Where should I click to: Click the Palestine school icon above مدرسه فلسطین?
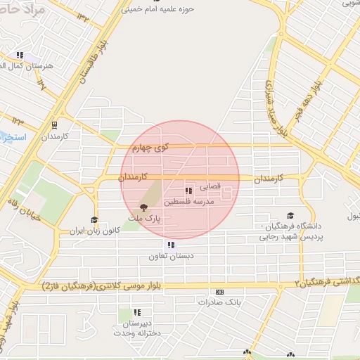point(188,191)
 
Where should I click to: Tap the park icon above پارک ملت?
point(144,207)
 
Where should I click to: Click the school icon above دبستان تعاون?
point(170,245)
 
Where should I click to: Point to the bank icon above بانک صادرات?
point(220,292)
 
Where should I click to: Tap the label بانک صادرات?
point(219,302)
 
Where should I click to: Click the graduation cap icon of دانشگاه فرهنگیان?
point(290,216)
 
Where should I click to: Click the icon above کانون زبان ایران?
point(94,220)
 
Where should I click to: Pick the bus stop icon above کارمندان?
point(55,124)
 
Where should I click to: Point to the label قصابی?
point(211,187)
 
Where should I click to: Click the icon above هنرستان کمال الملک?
point(20,55)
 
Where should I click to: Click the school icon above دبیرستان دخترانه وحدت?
point(138,312)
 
